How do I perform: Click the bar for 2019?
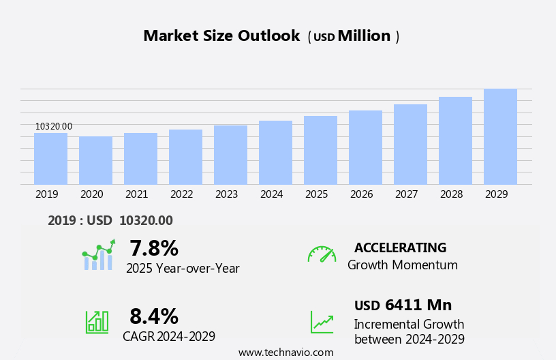50,159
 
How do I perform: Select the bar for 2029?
500,137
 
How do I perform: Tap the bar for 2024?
275,153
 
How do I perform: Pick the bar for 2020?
95,161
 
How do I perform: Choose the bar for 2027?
410,145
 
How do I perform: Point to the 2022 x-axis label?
181,194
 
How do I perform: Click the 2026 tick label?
361,194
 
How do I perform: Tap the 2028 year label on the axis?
451,194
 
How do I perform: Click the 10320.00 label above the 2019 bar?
54,126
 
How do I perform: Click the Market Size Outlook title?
221,36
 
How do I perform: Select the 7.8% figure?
154,248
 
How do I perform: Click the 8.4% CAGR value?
154,316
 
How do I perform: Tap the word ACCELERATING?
400,248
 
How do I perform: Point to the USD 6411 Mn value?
403,305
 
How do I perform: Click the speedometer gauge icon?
322,254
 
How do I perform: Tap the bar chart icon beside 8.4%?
97,321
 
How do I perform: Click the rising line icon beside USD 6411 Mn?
322,322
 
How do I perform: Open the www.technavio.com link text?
285,352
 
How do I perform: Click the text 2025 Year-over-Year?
183,269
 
